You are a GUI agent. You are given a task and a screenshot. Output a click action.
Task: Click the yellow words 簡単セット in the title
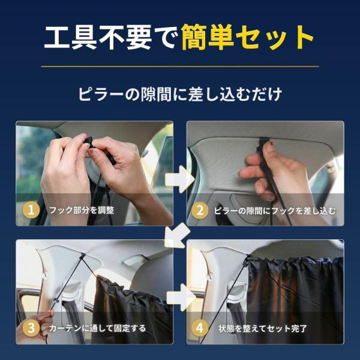247,37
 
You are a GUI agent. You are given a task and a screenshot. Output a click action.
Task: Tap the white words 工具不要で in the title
111,37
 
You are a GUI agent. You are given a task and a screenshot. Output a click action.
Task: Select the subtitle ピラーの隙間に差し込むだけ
180,94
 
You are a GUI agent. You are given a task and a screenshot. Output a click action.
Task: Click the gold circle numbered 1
31,210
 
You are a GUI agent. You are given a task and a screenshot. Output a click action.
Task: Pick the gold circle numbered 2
200,210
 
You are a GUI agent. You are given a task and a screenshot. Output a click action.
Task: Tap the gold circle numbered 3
31,328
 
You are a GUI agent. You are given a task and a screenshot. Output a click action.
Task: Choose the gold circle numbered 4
200,328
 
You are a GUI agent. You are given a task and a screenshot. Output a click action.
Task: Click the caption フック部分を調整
82,211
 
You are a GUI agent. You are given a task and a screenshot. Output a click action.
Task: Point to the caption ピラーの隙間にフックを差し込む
275,211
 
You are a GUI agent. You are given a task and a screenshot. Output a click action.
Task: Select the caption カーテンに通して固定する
97,328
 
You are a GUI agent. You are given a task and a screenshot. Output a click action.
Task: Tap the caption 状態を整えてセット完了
263,329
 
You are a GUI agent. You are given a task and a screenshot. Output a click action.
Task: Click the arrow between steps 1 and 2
179,179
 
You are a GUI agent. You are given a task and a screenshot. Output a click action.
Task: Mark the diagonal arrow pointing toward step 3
177,236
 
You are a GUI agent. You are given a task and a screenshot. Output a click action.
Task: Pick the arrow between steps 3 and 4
181,298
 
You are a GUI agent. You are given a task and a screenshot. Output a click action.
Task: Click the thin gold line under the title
180,67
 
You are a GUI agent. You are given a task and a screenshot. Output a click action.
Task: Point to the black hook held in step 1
89,143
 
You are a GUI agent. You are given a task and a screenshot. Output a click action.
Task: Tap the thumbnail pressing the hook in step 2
269,147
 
